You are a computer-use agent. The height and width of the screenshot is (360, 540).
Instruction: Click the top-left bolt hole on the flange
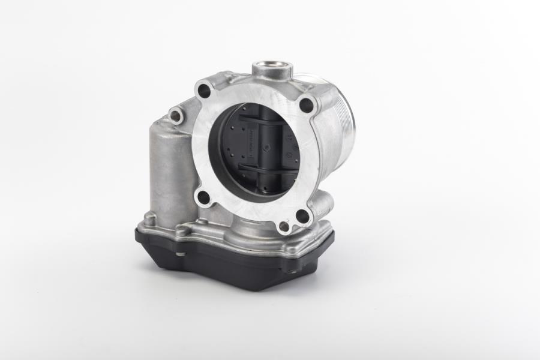point(204,92)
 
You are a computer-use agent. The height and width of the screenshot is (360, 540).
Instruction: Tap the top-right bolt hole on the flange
point(306,106)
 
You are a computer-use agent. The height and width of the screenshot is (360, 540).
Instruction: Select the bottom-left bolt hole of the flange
point(204,196)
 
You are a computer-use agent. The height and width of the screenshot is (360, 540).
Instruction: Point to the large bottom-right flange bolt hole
point(302,216)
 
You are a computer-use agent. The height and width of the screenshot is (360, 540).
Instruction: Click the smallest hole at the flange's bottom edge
point(283,227)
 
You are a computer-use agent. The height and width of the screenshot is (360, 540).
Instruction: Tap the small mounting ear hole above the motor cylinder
point(176,115)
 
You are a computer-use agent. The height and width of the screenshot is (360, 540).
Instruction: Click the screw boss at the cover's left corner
point(148,221)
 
